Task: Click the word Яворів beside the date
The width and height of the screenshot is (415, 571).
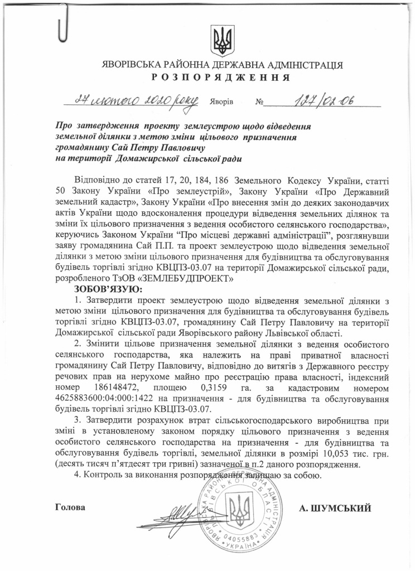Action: coord(221,103)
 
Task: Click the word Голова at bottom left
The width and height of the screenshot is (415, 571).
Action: coord(71,508)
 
